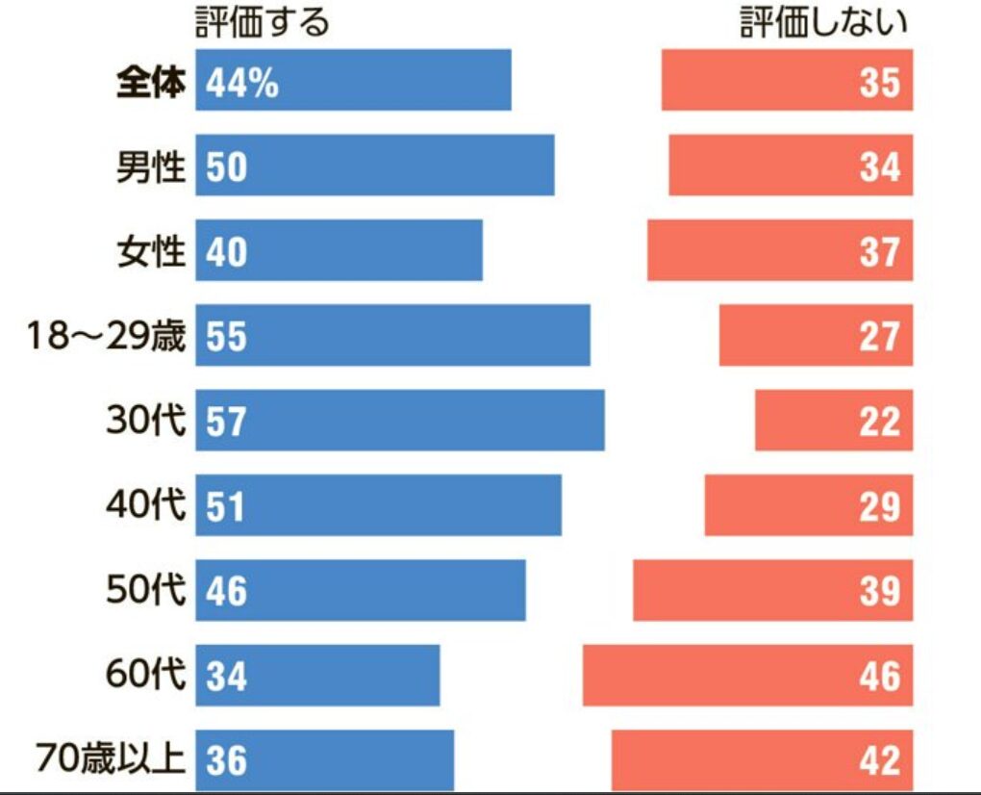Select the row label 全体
click(149, 84)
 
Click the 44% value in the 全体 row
click(241, 84)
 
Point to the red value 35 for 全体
click(880, 84)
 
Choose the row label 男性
click(149, 167)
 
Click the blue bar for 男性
click(375, 166)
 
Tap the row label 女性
click(149, 251)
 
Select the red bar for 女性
click(779, 250)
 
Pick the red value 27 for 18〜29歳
click(880, 337)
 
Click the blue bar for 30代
click(400, 420)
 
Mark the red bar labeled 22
click(833, 420)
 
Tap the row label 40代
click(144, 505)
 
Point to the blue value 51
click(227, 506)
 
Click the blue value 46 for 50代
click(227, 591)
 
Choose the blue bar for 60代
click(317, 674)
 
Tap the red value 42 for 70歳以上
click(880, 760)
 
